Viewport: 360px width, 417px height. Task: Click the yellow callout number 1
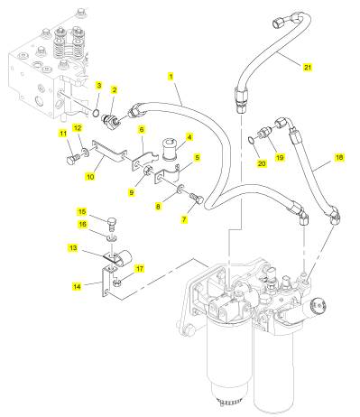pyautogui.click(x=171, y=77)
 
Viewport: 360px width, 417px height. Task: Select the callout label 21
pyautogui.click(x=307, y=67)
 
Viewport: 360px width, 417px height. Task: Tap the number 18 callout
pyautogui.click(x=339, y=157)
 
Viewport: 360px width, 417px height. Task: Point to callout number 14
pyautogui.click(x=77, y=286)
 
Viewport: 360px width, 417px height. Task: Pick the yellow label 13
pyautogui.click(x=73, y=248)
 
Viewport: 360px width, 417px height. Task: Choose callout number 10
pyautogui.click(x=90, y=177)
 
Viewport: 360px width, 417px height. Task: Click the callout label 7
pyautogui.click(x=184, y=219)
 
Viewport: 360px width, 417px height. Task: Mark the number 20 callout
pyautogui.click(x=262, y=163)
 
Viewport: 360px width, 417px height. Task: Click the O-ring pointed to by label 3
pyautogui.click(x=96, y=113)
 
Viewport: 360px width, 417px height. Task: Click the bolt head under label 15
pyautogui.click(x=112, y=223)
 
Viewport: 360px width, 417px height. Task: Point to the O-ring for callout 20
pyautogui.click(x=251, y=139)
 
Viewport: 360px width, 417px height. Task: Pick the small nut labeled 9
pyautogui.click(x=147, y=171)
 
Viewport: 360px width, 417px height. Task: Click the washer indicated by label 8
pyautogui.click(x=180, y=190)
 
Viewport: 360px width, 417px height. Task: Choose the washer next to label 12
pyautogui.click(x=86, y=153)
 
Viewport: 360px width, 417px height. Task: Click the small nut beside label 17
pyautogui.click(x=117, y=283)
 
